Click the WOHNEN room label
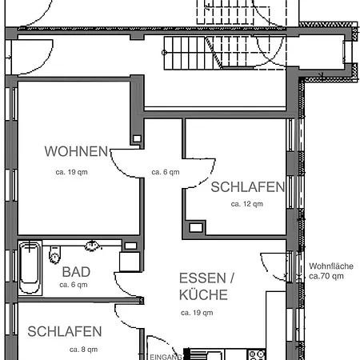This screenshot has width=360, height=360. [76, 150]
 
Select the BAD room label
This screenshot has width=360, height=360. [76, 272]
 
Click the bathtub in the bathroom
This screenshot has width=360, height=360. [30, 269]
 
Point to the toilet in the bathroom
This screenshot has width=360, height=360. [54, 255]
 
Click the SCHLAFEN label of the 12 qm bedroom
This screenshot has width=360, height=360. [247, 187]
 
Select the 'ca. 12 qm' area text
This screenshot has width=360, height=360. [246, 204]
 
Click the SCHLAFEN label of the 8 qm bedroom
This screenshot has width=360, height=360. [64, 331]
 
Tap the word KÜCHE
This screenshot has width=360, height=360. [203, 294]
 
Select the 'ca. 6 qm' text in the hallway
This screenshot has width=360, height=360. [166, 172]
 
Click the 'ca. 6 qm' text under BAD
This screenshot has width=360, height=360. [73, 285]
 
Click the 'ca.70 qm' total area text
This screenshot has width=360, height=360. [326, 276]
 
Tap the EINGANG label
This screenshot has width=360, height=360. [164, 357]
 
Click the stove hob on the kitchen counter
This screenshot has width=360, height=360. [257, 354]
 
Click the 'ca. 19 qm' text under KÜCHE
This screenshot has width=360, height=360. [196, 313]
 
